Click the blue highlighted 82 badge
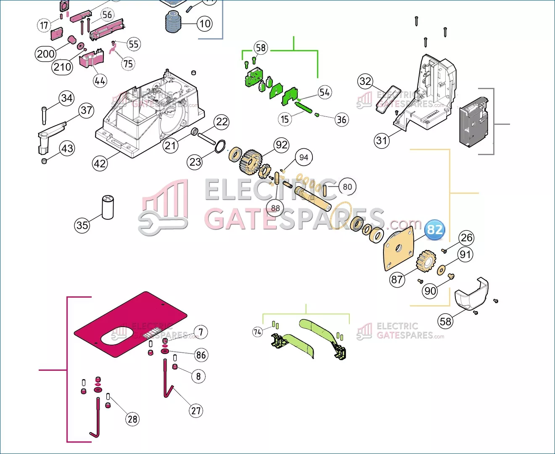[434, 230]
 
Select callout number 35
[82, 225]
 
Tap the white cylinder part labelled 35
[108, 207]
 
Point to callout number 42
[100, 163]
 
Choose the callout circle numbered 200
[46, 54]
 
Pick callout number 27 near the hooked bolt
[196, 410]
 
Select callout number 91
[465, 254]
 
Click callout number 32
[365, 81]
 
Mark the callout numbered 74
[257, 332]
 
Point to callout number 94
[304, 157]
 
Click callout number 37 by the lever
[86, 111]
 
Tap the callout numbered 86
[201, 355]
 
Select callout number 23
[195, 162]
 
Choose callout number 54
[325, 92]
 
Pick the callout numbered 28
[132, 419]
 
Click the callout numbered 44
[100, 80]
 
